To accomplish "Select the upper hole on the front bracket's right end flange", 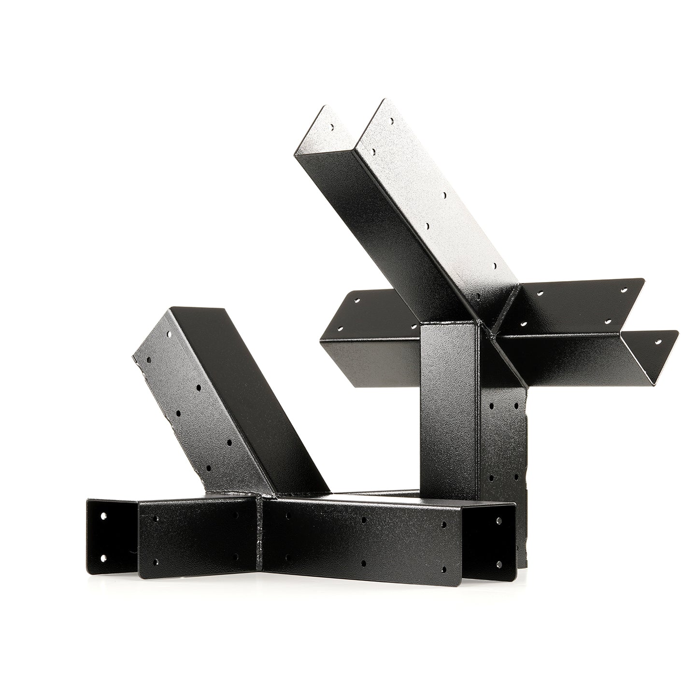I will (x=499, y=520).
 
